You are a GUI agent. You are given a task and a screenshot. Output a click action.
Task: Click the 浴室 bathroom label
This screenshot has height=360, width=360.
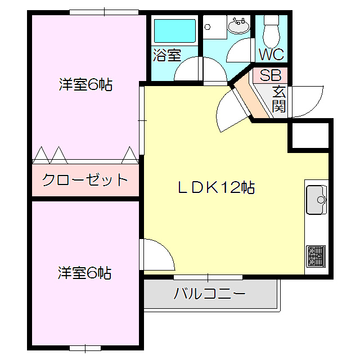point(167,55)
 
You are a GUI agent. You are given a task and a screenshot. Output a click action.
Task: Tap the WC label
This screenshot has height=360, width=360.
point(271,55)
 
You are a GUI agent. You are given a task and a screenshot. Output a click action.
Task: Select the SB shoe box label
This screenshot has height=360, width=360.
point(270,75)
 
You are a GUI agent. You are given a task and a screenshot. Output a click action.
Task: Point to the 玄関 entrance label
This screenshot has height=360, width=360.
point(279,98)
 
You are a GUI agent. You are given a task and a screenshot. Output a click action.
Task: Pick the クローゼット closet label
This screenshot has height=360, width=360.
point(85,181)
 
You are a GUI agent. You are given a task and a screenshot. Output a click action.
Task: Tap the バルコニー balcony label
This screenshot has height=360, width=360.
point(209,294)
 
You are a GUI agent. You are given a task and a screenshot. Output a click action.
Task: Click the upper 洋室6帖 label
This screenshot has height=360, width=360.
point(85,85)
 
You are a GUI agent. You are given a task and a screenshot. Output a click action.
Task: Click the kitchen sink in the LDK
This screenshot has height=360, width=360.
point(316,199)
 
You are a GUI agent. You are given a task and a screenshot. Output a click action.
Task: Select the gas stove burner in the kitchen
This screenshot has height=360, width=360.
point(316,256)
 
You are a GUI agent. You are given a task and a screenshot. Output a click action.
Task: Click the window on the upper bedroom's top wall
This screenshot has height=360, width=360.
point(104,12)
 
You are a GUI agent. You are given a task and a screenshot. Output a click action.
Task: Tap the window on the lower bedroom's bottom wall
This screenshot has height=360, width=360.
point(85,348)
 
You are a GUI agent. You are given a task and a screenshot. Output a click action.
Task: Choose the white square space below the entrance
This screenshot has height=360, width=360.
point(308,136)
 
